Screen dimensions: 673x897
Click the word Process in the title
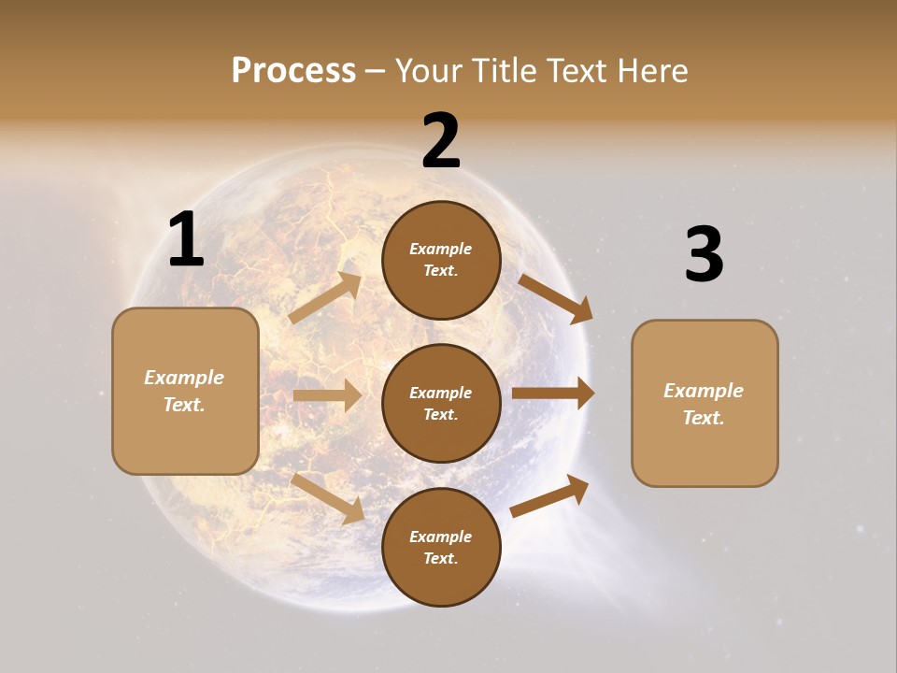click(x=293, y=71)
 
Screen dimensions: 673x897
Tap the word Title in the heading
click(x=500, y=71)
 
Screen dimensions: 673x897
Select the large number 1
click(x=186, y=239)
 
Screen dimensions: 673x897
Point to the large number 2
click(x=441, y=141)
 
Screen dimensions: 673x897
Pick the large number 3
click(x=704, y=254)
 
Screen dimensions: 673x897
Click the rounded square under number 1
click(x=185, y=391)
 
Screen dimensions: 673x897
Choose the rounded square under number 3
click(x=705, y=403)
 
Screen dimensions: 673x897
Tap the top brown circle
click(x=441, y=260)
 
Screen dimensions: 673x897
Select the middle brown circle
click(x=441, y=403)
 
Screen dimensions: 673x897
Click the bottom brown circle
click(x=441, y=547)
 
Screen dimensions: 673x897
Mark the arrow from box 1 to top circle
click(x=325, y=298)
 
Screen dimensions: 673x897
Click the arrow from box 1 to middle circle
click(x=327, y=395)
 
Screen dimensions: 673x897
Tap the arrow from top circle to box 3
click(x=555, y=299)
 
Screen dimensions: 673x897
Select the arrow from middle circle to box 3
click(x=553, y=393)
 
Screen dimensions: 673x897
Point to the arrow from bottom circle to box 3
click(x=549, y=495)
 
